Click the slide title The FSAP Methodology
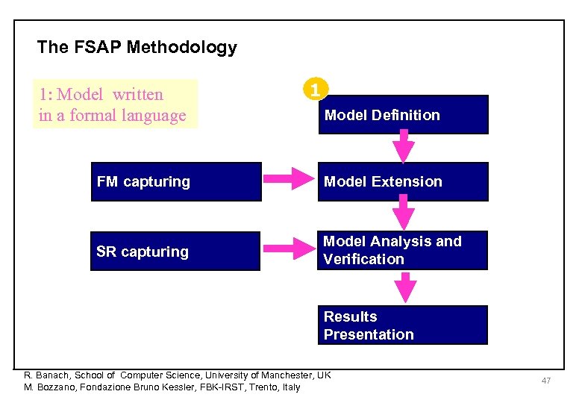(x=137, y=48)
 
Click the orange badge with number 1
(x=316, y=90)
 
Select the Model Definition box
(x=403, y=115)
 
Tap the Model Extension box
(x=403, y=182)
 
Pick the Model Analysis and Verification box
(x=403, y=250)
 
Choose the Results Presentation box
(x=403, y=325)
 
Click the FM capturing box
(x=176, y=182)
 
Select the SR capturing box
(x=175, y=252)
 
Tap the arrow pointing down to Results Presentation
(x=404, y=287)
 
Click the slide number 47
(x=546, y=381)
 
